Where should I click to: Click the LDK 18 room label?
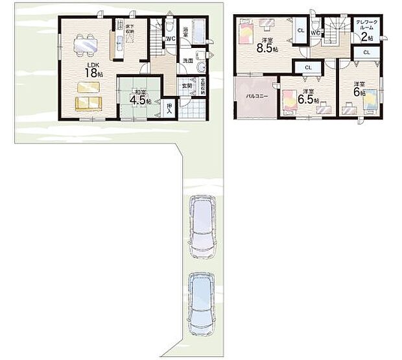91,69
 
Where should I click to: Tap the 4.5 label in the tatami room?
139,101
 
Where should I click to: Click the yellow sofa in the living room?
88,103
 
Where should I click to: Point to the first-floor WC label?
169,38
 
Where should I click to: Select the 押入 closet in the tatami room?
169,108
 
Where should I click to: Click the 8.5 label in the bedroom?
264,47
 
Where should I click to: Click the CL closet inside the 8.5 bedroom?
301,30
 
